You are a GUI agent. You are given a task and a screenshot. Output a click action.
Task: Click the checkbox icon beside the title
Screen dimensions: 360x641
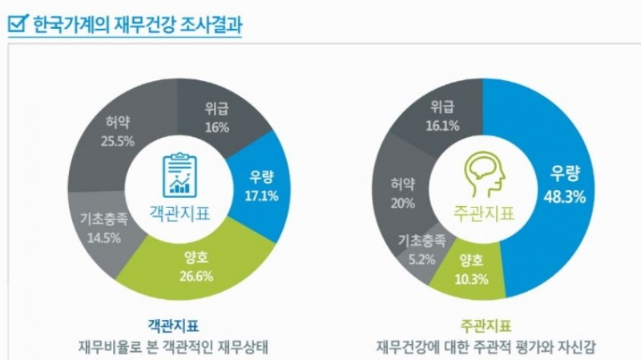[17, 22]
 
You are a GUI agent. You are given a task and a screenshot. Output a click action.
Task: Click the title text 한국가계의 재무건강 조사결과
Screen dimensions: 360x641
[137, 22]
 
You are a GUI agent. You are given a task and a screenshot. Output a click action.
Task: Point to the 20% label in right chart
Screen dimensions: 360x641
[401, 203]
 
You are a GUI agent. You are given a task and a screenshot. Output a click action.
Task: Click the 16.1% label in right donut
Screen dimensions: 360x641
[444, 125]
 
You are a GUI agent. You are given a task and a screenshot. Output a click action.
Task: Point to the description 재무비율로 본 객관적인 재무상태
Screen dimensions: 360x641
[173, 348]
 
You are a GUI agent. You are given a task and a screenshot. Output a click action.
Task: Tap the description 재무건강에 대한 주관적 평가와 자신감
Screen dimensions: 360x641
[487, 348]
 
